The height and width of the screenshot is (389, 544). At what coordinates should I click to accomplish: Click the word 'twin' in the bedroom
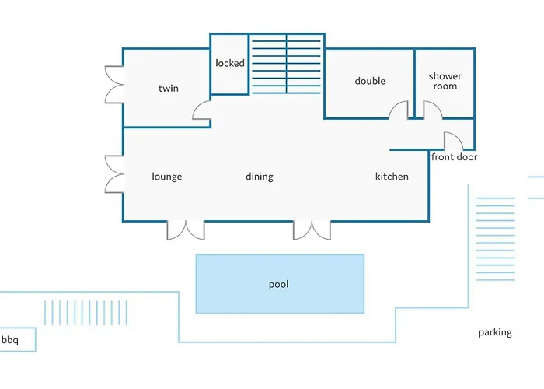point(169,88)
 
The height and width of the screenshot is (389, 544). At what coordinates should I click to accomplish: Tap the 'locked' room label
point(230,63)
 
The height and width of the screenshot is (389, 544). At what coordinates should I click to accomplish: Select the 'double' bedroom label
point(370,81)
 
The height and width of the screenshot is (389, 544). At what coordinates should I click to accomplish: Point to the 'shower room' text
point(445,81)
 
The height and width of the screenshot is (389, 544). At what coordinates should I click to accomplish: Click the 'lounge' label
point(167,177)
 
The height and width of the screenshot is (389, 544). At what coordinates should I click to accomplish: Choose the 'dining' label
point(260,177)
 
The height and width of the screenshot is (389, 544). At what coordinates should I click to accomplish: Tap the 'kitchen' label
point(392,177)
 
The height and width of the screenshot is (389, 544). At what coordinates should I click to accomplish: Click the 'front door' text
point(454,157)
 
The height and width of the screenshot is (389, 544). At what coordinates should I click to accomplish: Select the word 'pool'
point(278,285)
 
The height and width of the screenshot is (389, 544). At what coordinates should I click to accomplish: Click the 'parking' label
point(495,333)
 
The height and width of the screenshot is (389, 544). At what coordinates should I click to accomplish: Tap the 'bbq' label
point(10,340)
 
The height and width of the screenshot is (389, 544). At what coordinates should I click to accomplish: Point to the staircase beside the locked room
point(286,64)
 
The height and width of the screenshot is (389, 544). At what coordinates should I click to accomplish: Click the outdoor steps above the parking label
point(495,239)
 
